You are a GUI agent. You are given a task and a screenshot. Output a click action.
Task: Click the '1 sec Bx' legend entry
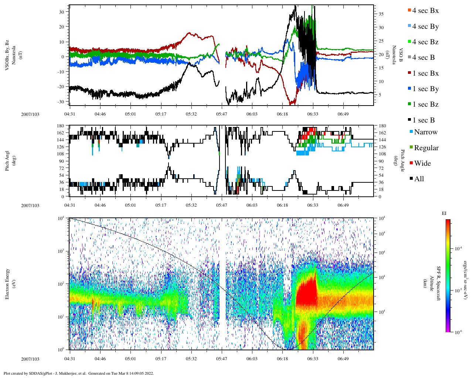click(425, 73)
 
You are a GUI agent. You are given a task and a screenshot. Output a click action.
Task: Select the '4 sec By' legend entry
click(425, 27)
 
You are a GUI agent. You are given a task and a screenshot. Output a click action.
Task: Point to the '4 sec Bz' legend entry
click(425, 42)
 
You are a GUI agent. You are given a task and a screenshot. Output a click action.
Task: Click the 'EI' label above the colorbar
click(444, 213)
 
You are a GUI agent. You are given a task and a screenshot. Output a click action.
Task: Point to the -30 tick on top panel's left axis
click(62, 102)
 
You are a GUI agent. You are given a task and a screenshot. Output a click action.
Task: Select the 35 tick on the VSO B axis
click(381, 14)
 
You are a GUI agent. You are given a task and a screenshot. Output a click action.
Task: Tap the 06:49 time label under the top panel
click(343, 114)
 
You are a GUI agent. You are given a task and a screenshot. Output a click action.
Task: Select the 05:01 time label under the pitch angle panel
click(130, 205)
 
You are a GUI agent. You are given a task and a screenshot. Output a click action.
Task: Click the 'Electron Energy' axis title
click(7, 283)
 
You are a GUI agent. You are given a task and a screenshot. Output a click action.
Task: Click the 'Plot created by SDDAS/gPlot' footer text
click(78, 373)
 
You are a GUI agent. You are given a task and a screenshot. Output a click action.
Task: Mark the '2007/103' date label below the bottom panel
click(30, 359)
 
